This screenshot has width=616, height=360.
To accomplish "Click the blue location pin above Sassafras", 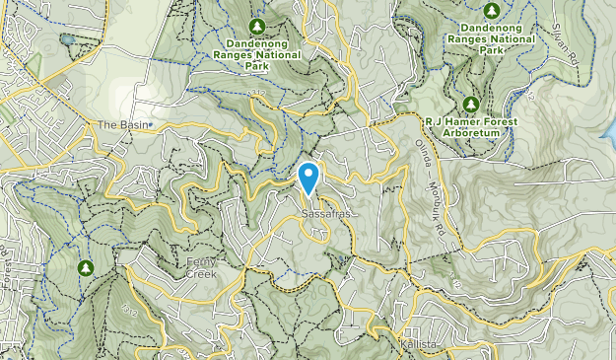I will [x=308, y=178].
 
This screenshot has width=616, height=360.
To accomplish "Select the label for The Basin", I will [x=119, y=125].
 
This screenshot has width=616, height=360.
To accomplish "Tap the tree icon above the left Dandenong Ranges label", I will [x=257, y=25].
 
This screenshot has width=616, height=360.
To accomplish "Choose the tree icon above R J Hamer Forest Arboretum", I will [x=470, y=104].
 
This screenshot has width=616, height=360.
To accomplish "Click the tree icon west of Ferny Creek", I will [x=86, y=267].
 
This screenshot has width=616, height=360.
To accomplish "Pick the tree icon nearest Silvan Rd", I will [x=491, y=10].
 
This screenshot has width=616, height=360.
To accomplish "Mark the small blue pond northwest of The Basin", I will [x=66, y=40].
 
